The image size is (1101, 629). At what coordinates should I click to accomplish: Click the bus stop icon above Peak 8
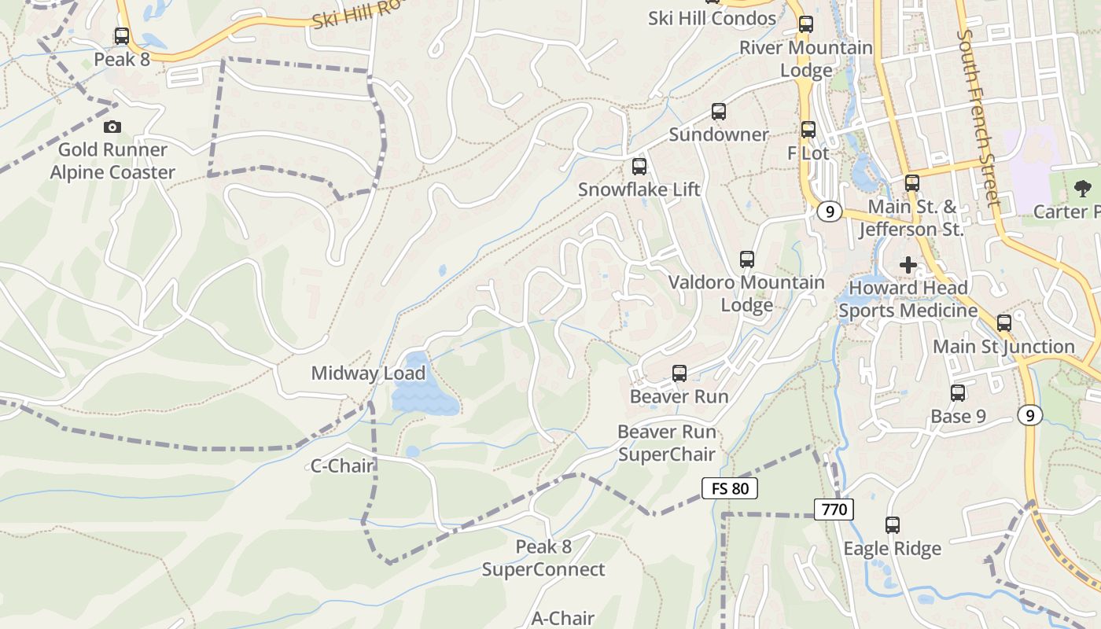[x=122, y=36]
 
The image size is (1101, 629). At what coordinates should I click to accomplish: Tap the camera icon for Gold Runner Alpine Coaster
[x=112, y=127]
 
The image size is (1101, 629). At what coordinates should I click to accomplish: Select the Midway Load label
[x=368, y=373]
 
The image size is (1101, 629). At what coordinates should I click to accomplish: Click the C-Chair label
[x=342, y=466]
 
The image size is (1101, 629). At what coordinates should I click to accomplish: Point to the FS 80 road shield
[x=729, y=488]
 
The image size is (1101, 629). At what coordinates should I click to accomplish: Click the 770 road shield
[x=834, y=509]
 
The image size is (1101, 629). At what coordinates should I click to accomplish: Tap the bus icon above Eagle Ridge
[x=892, y=524]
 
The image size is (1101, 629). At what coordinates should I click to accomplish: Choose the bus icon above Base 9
[x=958, y=393]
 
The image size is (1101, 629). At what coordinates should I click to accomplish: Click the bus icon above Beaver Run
[x=679, y=373]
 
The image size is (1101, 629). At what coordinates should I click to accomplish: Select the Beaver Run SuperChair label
[x=667, y=443]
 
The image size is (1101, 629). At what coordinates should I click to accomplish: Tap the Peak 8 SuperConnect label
[x=543, y=558]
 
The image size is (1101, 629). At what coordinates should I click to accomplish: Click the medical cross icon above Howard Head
[x=908, y=265]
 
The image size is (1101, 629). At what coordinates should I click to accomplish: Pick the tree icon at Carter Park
[x=1083, y=188]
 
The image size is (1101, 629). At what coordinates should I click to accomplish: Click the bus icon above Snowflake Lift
[x=639, y=167]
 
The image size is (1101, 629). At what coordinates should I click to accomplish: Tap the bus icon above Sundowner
[x=718, y=112]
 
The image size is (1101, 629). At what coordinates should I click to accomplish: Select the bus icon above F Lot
[x=808, y=130]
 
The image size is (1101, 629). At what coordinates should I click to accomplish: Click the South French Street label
[x=979, y=118]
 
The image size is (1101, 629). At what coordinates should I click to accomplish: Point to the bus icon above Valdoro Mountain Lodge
[x=747, y=259]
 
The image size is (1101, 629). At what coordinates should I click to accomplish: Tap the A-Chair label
[x=563, y=618]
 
